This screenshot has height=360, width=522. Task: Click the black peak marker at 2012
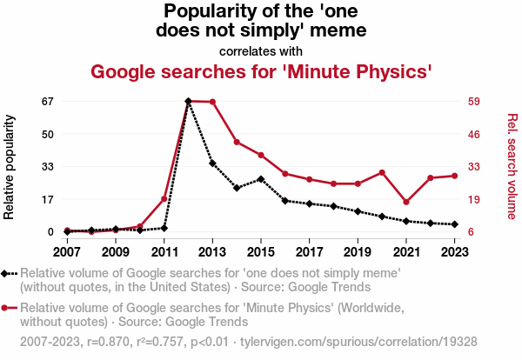point(188,101)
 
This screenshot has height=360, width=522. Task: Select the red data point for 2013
point(212,102)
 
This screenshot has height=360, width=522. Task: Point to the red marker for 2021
point(406,202)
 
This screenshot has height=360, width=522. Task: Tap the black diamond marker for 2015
point(261,179)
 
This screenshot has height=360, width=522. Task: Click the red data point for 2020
point(382,172)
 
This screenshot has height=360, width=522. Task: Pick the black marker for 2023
point(455,224)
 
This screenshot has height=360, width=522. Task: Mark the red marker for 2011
point(164,199)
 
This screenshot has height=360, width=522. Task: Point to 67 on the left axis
point(47,101)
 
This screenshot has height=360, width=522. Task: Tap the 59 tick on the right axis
point(475,101)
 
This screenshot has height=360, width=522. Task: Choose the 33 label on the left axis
point(47,166)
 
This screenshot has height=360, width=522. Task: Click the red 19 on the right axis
point(475,199)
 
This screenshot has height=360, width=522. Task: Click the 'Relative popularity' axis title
point(11,166)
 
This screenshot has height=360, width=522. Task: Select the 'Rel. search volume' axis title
point(512,166)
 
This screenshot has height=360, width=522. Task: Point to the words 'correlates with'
point(261,50)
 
